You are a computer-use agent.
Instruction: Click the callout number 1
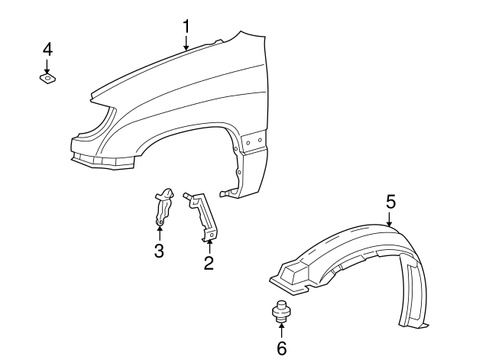pos(186,28)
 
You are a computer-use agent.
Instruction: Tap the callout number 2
pos(208,264)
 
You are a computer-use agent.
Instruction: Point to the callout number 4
pos(47,49)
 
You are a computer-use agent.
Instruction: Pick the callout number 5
pos(390,202)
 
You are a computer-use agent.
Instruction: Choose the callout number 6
pos(281,349)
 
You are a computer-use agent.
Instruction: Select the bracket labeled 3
pos(162,206)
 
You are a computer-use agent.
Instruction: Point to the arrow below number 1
pos(186,45)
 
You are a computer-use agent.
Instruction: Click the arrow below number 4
pos(47,65)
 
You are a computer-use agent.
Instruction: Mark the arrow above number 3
pos(159,232)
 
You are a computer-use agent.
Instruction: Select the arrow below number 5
pos(389,220)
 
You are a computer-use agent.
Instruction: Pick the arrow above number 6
pos(281,330)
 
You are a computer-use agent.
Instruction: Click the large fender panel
pos(191,99)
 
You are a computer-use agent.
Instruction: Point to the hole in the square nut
pos(47,77)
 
